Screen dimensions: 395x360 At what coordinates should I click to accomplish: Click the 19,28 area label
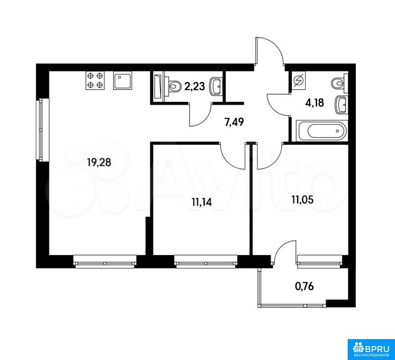99,162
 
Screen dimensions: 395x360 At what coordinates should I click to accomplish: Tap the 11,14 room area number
201,202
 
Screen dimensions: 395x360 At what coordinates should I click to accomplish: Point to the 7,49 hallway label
234,123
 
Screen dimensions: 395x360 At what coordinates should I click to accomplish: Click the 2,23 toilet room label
194,86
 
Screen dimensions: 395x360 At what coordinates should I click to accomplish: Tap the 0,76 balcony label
304,286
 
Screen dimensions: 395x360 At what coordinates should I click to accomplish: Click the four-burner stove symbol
95,80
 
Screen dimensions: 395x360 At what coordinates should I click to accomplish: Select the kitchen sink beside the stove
123,80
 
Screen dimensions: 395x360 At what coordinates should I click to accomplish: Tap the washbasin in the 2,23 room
215,87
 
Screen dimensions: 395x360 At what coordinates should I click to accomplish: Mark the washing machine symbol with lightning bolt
298,80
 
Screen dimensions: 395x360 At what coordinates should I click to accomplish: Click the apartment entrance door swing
270,51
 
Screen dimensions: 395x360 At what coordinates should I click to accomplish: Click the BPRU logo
371,349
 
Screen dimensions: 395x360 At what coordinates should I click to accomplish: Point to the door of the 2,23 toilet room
201,114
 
